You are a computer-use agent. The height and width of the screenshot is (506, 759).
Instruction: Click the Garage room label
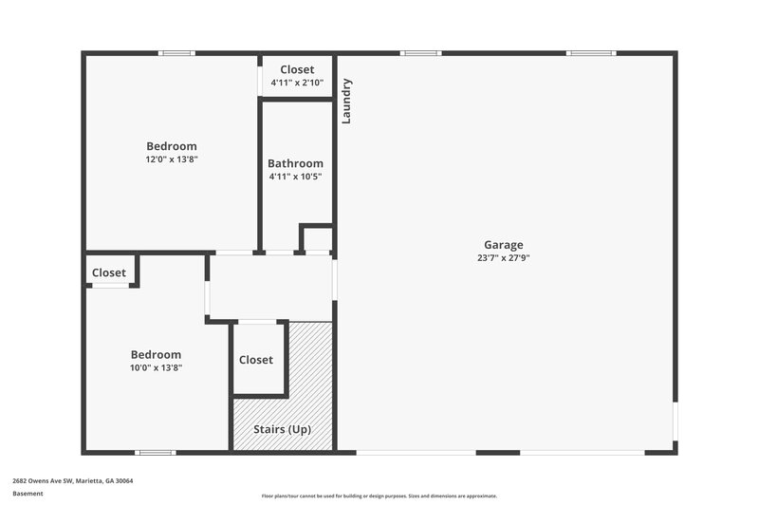(503, 245)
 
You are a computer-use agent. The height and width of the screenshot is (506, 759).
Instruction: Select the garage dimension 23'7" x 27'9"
(503, 257)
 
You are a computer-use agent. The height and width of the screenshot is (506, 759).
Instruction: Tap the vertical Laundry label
(347, 101)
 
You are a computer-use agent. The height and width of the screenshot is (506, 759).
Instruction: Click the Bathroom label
(295, 163)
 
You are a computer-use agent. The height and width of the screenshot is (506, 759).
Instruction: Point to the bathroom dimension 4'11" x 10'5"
(295, 177)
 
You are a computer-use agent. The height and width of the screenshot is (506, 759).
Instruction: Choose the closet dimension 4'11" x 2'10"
(297, 83)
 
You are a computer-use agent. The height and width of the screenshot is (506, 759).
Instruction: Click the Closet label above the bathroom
(297, 69)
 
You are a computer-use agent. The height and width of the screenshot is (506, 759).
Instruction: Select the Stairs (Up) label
(282, 429)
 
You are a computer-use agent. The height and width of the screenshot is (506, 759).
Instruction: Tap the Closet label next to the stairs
(256, 360)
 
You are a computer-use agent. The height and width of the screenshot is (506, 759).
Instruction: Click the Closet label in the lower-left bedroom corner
(109, 272)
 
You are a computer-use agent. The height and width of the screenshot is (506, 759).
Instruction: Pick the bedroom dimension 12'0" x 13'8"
(172, 159)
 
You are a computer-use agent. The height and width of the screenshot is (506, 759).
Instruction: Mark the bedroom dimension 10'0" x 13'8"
(157, 367)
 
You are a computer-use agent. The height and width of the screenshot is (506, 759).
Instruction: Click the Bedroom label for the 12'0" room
(172, 146)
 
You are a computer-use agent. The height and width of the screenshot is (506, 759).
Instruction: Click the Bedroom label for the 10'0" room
(157, 355)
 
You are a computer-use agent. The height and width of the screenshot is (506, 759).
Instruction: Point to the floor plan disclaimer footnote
(379, 496)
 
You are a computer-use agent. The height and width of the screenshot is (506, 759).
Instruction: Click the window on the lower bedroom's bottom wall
(155, 453)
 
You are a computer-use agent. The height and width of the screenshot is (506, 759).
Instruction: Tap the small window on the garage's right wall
(675, 422)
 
